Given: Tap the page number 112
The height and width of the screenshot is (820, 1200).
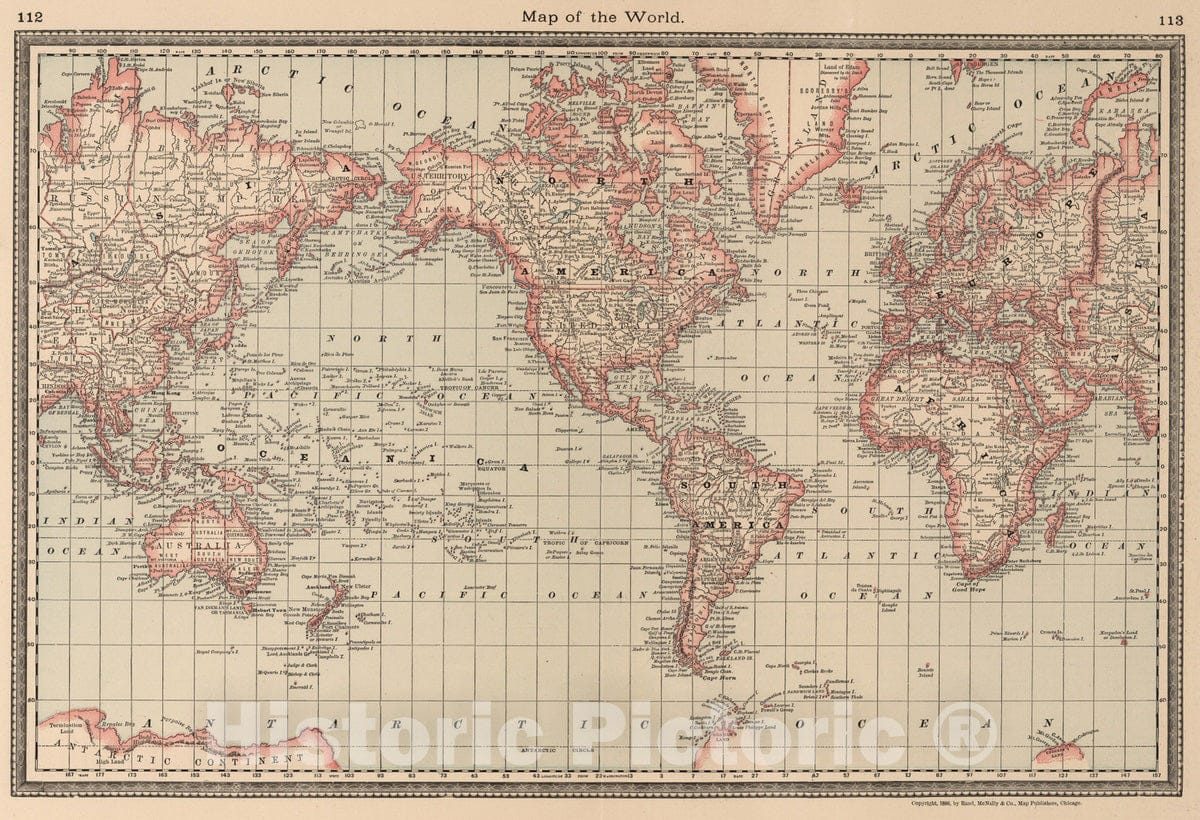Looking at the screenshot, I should point(29,16).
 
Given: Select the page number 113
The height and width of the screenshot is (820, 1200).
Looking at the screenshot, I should point(1171,19).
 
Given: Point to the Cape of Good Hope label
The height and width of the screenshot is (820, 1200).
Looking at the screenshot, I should point(967,586).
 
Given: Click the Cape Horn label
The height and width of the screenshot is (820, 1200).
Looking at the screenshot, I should point(721,679).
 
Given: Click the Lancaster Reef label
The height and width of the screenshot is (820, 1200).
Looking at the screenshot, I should point(481,586).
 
